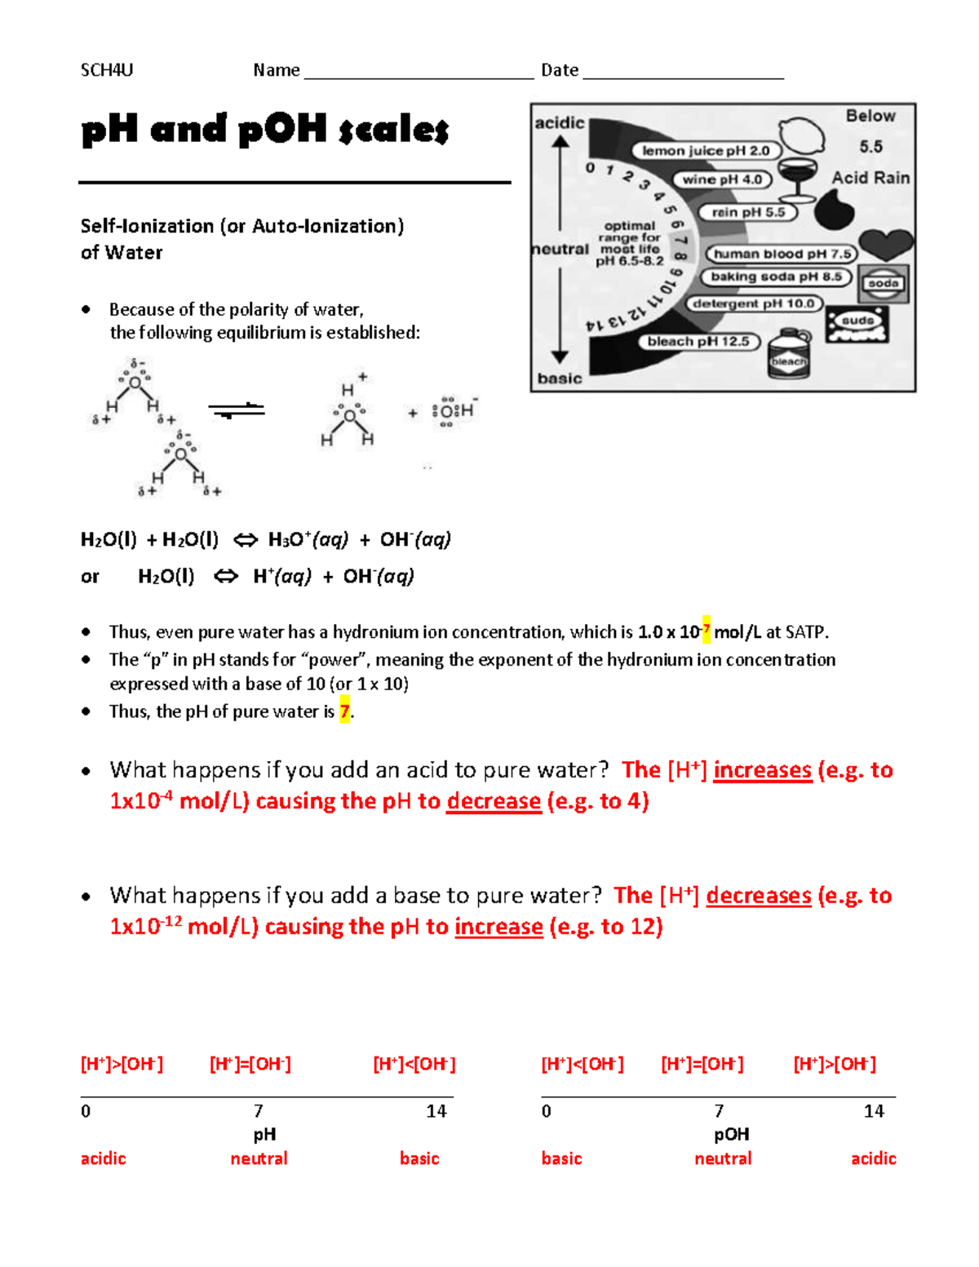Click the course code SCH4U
click(106, 70)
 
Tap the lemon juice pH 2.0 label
click(706, 151)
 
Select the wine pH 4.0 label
click(722, 179)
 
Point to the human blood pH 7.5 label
click(782, 254)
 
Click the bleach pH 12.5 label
click(698, 342)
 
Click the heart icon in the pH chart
click(887, 243)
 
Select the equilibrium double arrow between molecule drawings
click(237, 410)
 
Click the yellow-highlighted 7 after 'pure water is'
click(345, 711)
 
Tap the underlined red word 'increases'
click(762, 770)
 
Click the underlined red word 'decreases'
click(758, 896)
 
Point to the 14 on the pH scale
click(436, 1111)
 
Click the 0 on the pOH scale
click(547, 1111)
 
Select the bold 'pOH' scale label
click(731, 1135)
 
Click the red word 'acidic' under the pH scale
click(104, 1158)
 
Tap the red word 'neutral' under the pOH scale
click(723, 1158)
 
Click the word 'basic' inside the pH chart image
click(560, 379)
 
